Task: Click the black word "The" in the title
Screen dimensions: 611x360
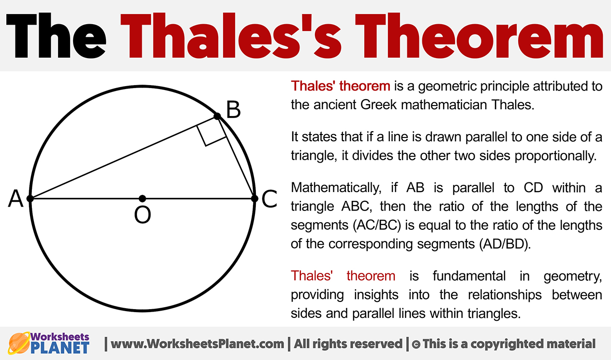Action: click(x=56, y=35)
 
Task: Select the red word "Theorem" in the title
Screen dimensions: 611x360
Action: click(x=479, y=35)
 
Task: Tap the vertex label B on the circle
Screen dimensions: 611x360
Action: click(x=234, y=110)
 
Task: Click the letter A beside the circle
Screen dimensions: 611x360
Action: click(x=15, y=198)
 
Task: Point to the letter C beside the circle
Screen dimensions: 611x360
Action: click(x=269, y=199)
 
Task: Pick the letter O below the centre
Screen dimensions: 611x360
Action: click(x=142, y=215)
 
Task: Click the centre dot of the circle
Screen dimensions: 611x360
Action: click(x=142, y=198)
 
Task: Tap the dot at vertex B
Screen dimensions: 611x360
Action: click(x=217, y=116)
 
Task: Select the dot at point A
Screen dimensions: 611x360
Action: click(x=30, y=198)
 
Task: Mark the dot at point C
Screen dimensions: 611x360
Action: click(x=254, y=198)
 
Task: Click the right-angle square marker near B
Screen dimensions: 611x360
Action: click(x=211, y=134)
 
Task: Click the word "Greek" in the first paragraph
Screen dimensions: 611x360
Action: click(x=378, y=105)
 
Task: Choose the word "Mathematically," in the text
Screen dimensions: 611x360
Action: click(x=336, y=188)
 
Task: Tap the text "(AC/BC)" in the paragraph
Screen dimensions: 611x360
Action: click(x=376, y=225)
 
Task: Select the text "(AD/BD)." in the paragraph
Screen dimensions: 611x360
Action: click(x=505, y=244)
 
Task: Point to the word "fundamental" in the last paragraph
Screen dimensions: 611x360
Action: click(x=469, y=276)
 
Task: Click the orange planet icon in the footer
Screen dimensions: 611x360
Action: click(x=19, y=343)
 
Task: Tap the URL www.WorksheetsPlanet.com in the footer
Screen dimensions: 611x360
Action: click(x=197, y=344)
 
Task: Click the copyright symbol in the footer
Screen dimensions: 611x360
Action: click(x=416, y=345)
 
